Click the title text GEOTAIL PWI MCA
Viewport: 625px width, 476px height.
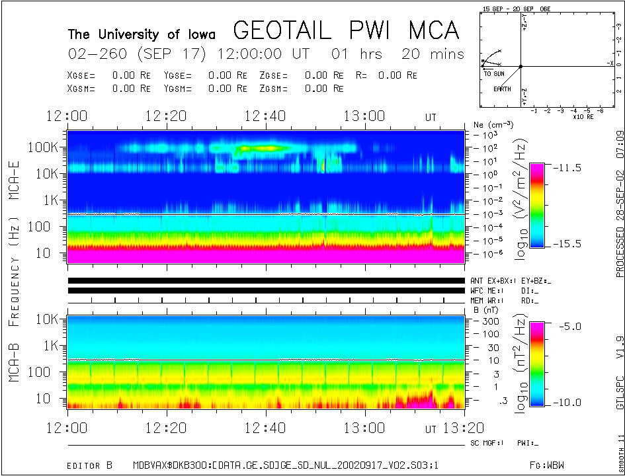(346, 30)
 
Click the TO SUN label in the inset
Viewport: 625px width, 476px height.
(494, 73)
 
